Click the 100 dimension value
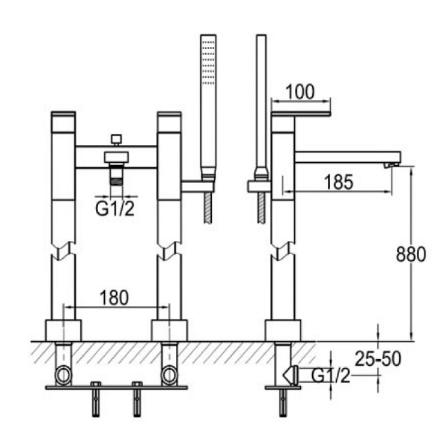click(300, 92)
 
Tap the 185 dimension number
click(339, 182)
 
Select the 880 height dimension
click(411, 254)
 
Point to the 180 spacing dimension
click(114, 298)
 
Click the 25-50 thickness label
click(378, 358)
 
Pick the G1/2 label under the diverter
click(115, 209)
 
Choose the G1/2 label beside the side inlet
click(331, 376)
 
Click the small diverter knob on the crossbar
click(117, 139)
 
